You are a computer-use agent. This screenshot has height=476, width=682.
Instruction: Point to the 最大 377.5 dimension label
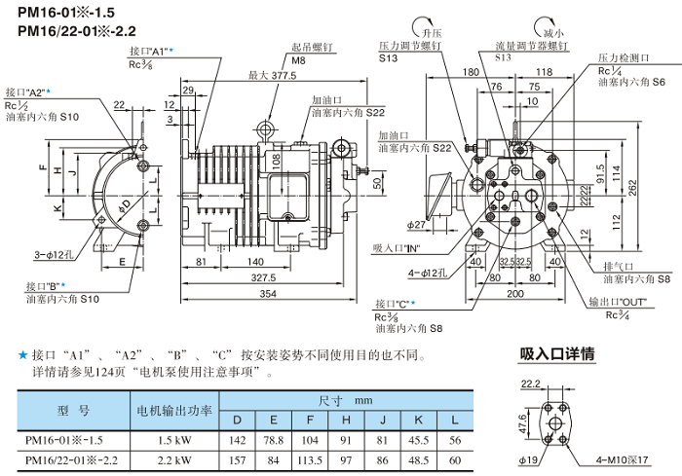[x=272, y=75]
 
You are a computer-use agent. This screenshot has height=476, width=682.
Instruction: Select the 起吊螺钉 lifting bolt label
[x=311, y=46]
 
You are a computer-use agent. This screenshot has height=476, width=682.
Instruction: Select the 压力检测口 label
[x=625, y=59]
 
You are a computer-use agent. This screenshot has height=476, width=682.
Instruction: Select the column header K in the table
[x=419, y=421]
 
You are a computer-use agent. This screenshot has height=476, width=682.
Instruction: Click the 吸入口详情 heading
[x=557, y=354]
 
